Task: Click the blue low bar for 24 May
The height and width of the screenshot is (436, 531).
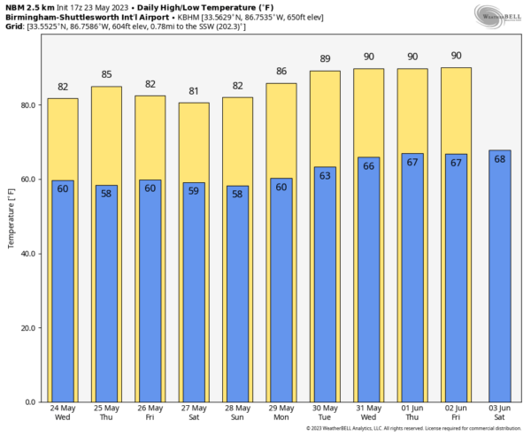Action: (63, 292)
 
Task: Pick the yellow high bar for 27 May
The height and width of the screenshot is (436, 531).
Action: (194, 142)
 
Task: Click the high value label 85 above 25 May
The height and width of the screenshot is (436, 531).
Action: (106, 74)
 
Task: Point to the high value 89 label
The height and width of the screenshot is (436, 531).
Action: (325, 59)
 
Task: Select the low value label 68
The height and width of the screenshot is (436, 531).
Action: (499, 158)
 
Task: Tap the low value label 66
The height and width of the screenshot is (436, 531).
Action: (368, 165)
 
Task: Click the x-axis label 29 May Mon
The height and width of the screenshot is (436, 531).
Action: (281, 412)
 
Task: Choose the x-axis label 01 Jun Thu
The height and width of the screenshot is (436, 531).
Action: (412, 412)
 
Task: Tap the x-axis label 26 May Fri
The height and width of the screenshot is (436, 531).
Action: (150, 412)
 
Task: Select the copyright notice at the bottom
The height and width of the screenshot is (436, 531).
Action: (412, 429)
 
